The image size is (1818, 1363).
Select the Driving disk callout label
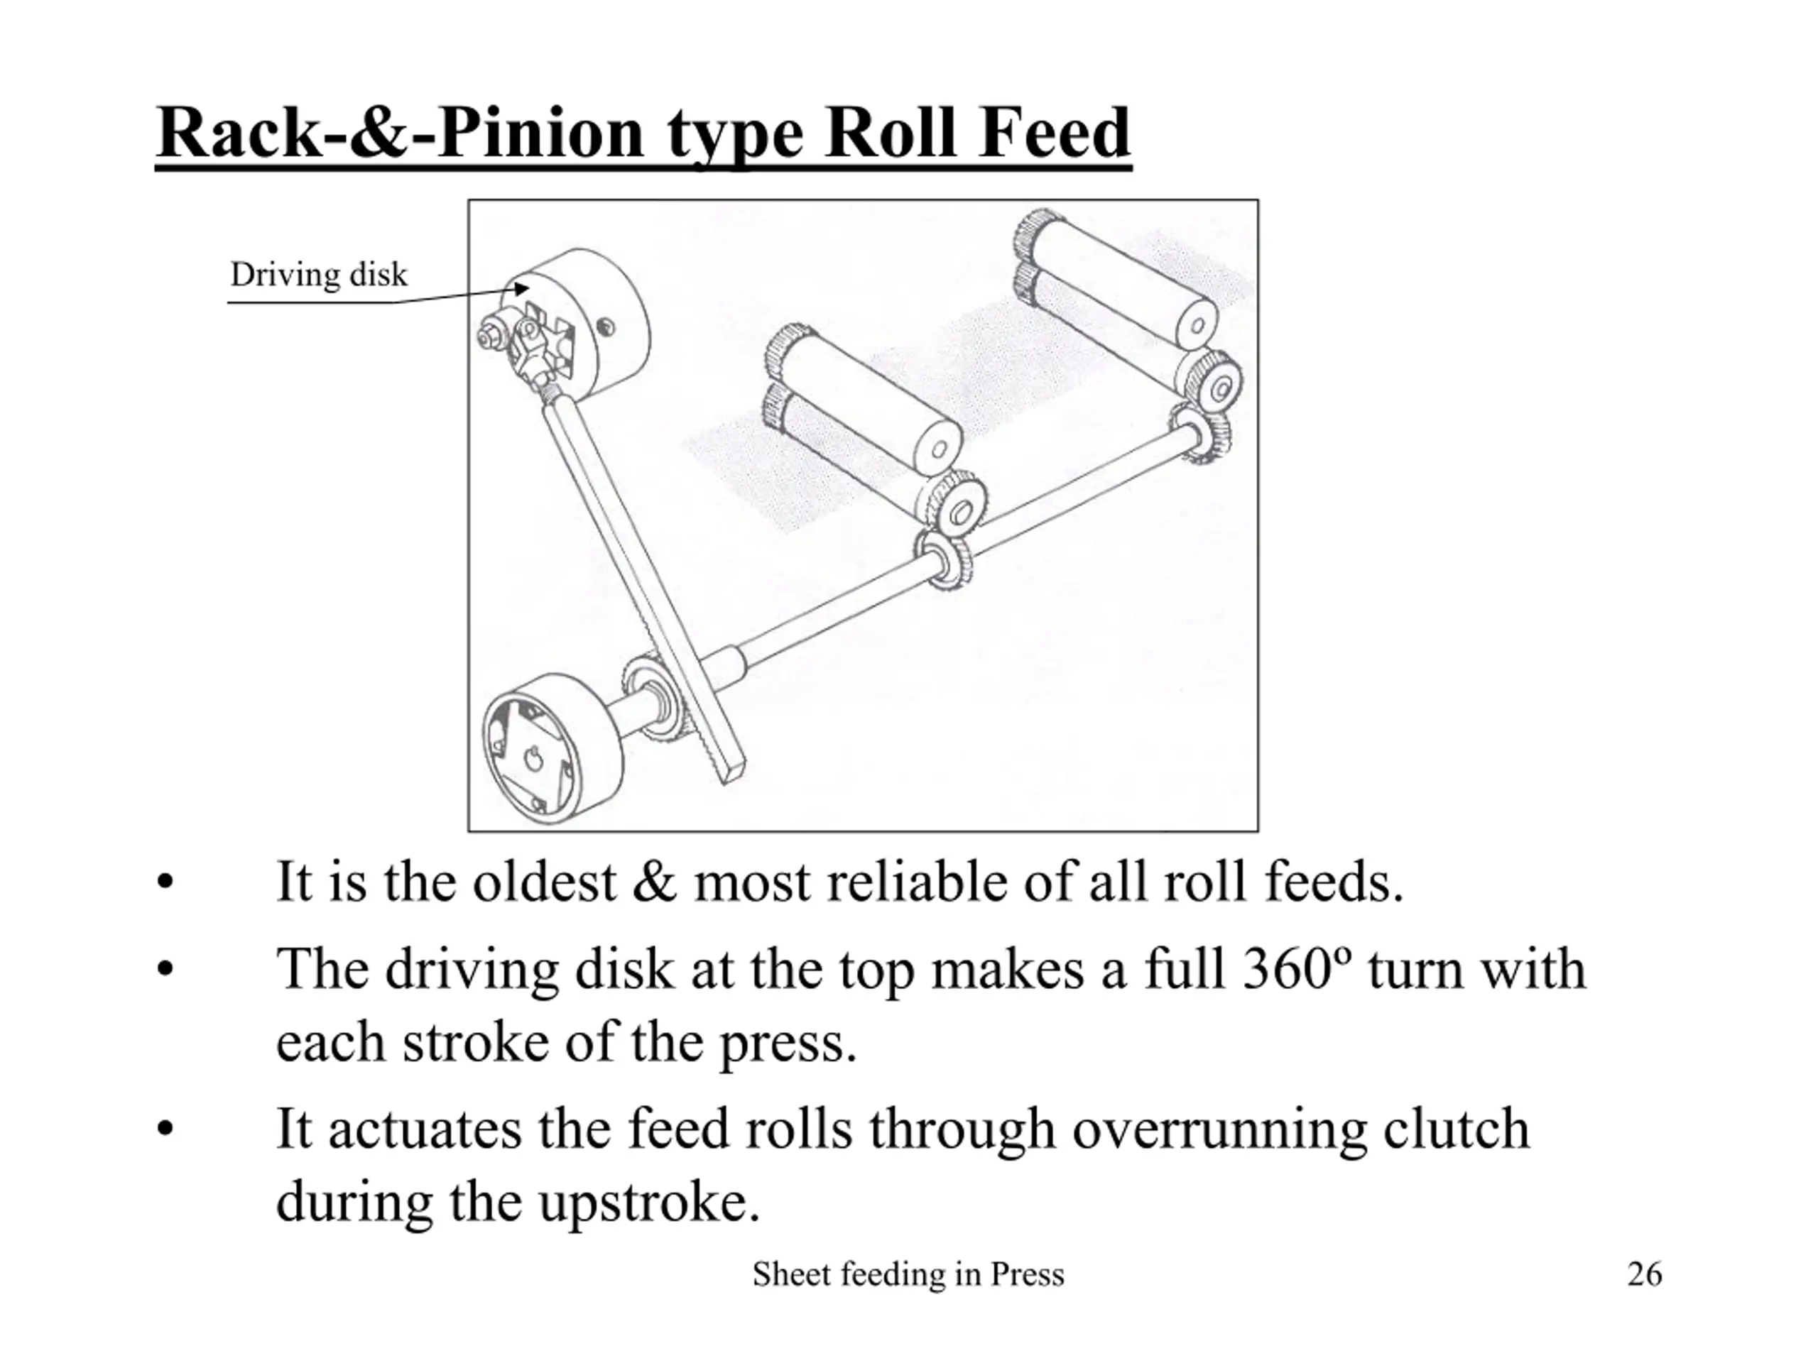pos(318,275)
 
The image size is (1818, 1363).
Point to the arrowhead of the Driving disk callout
pos(522,288)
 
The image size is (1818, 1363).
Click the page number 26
pos(1645,1274)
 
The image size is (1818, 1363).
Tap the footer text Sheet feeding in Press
pos(908,1274)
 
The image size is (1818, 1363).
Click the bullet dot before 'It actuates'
pos(165,1129)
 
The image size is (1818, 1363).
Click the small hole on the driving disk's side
pos(606,327)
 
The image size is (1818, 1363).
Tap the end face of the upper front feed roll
pos(939,448)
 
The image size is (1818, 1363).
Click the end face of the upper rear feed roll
pos(1197,325)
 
